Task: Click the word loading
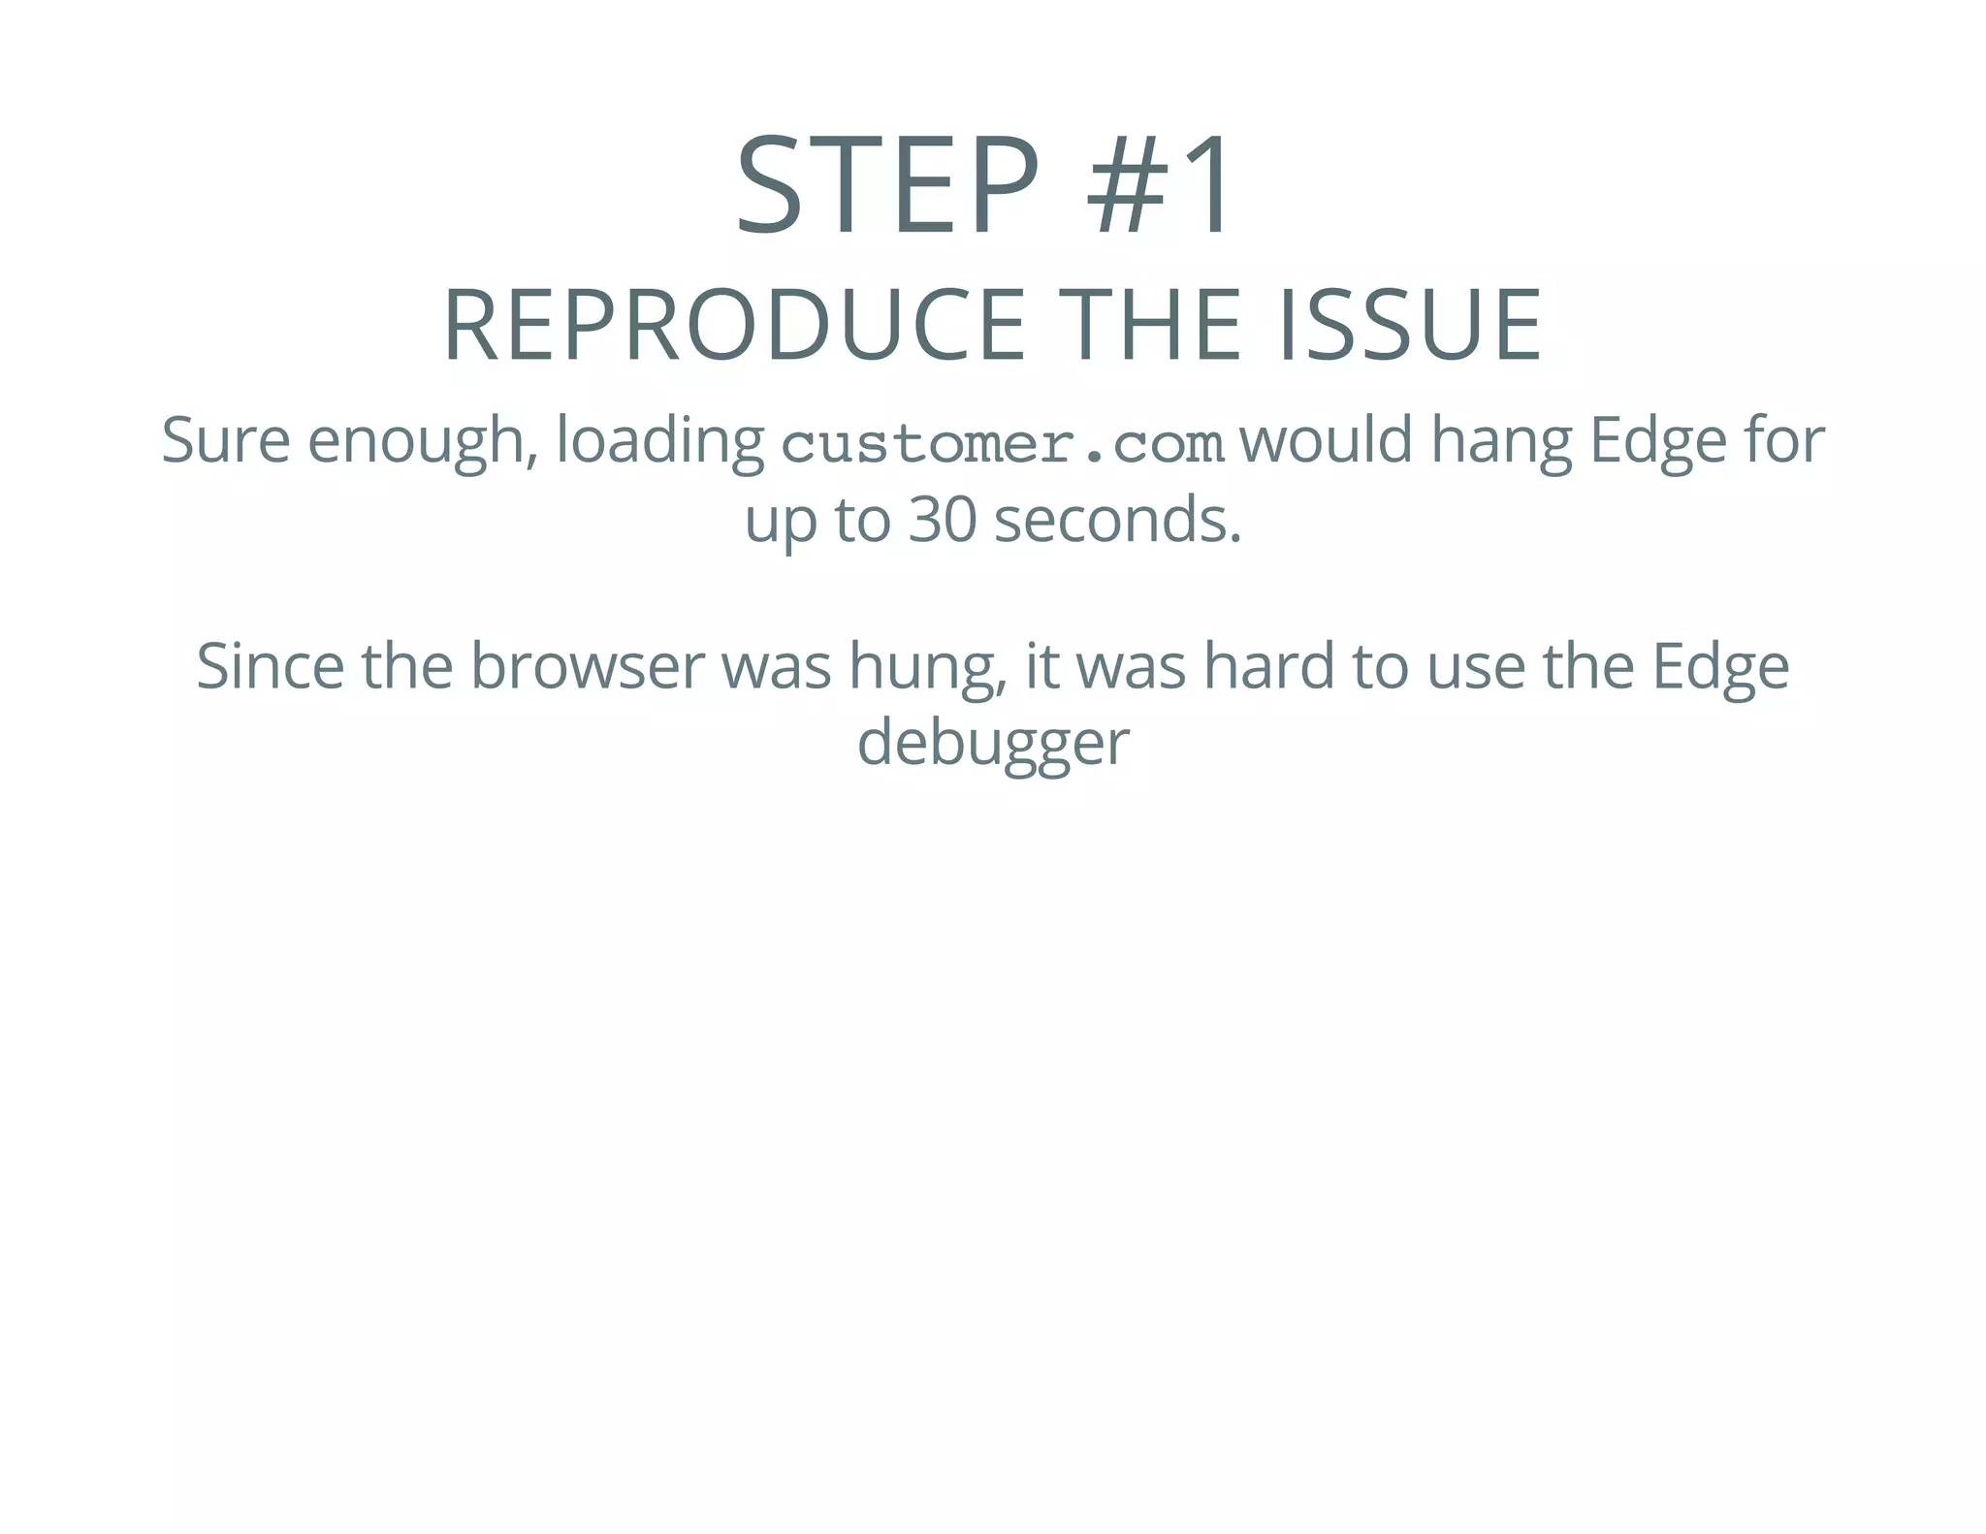[659, 441]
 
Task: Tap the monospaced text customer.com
[1003, 444]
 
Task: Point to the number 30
[942, 520]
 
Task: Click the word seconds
[1117, 520]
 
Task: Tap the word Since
[270, 666]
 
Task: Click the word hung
[926, 668]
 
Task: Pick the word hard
[1268, 666]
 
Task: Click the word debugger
[993, 745]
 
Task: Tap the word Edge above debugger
[1720, 668]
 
